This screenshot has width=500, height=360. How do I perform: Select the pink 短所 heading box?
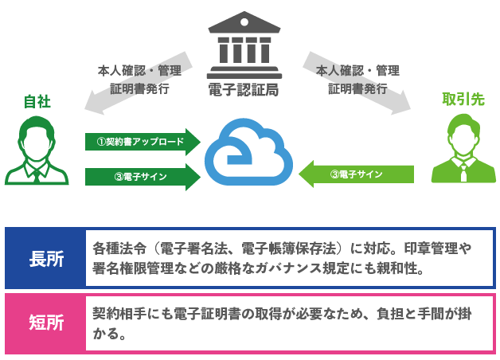45,322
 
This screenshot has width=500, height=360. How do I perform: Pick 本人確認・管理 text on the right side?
357,70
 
